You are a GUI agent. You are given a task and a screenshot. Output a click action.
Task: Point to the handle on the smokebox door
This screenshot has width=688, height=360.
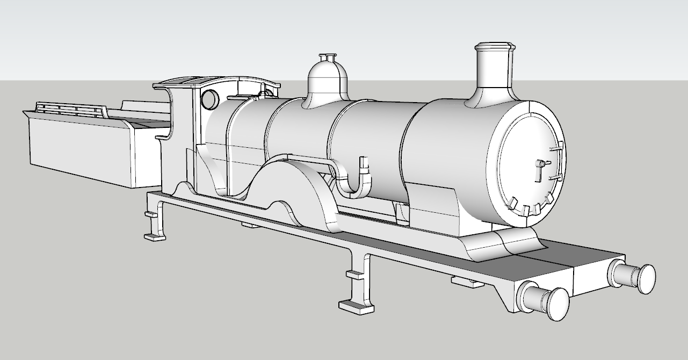click(x=539, y=170)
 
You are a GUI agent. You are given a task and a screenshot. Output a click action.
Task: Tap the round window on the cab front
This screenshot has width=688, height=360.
click(x=209, y=99)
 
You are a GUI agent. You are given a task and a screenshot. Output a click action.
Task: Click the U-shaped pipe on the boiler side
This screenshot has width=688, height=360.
click(x=354, y=180)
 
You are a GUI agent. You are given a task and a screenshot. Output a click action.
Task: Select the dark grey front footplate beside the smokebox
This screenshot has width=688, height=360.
click(x=575, y=253)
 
